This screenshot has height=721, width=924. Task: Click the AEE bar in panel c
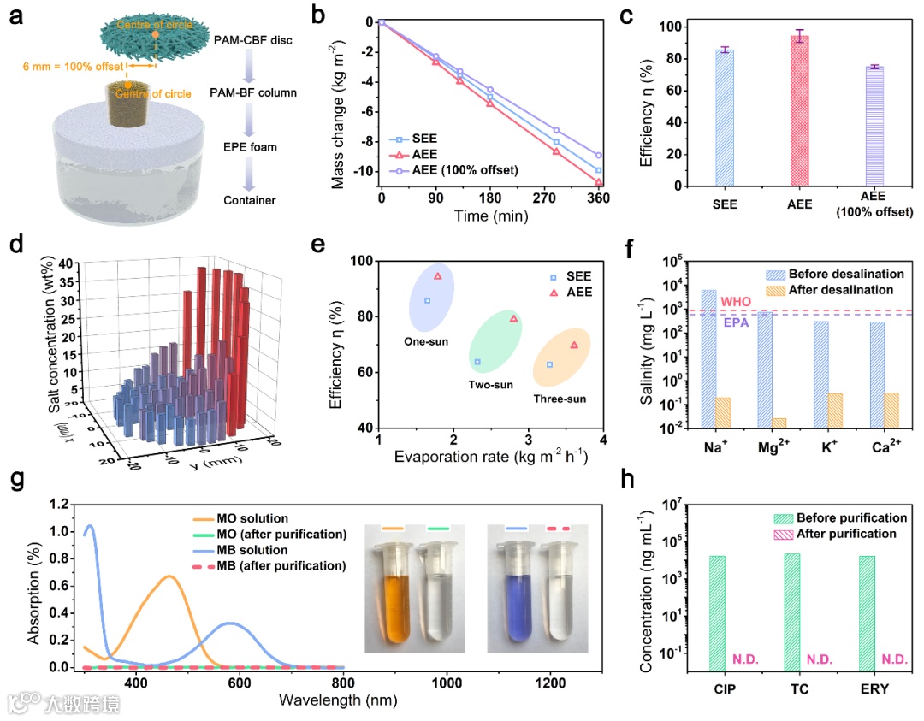tap(800, 110)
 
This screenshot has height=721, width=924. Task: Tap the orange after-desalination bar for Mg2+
tap(779, 422)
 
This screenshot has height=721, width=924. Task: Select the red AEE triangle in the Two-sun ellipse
tap(514, 319)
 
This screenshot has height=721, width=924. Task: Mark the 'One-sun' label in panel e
tap(428, 340)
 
